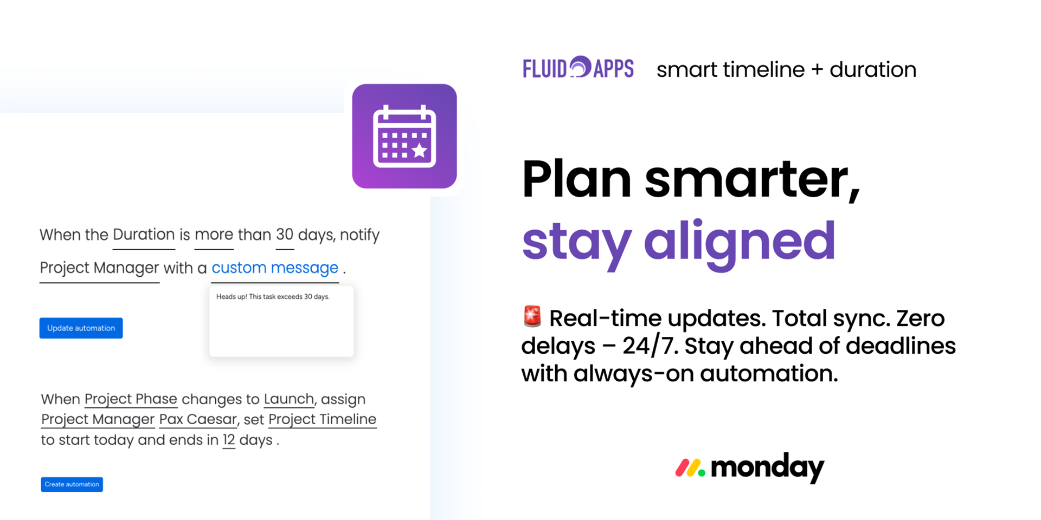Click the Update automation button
click(81, 328)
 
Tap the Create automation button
click(72, 484)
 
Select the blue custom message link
click(275, 268)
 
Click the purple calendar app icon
click(404, 136)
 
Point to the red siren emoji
click(532, 316)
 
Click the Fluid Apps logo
click(578, 68)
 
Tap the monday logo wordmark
click(750, 467)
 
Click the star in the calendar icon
click(420, 150)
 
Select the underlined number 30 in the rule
click(285, 235)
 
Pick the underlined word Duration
click(144, 235)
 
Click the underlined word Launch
click(289, 399)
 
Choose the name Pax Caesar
click(198, 419)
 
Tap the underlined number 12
click(229, 440)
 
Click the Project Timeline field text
click(323, 419)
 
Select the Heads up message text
click(273, 297)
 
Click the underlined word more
click(214, 235)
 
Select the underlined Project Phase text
click(131, 399)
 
